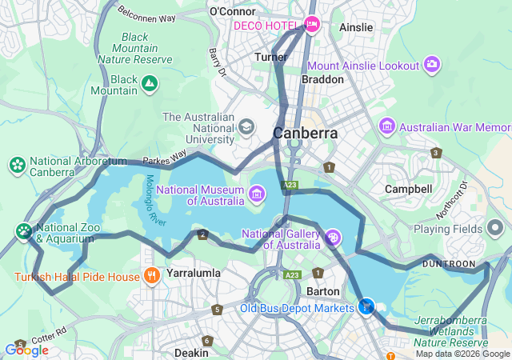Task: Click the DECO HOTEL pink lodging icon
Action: click(x=312, y=25)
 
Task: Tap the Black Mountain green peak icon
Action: click(x=149, y=82)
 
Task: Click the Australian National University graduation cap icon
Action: click(x=246, y=126)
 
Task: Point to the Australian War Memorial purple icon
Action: click(x=387, y=126)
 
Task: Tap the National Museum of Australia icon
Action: click(x=257, y=192)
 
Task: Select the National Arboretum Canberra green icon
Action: click(x=16, y=165)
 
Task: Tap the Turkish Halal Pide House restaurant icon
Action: click(x=152, y=277)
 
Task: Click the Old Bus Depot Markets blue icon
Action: click(x=367, y=306)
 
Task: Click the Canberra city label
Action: click(x=305, y=133)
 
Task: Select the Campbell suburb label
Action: click(x=408, y=189)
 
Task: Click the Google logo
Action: click(x=26, y=350)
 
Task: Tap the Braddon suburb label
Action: click(x=322, y=80)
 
